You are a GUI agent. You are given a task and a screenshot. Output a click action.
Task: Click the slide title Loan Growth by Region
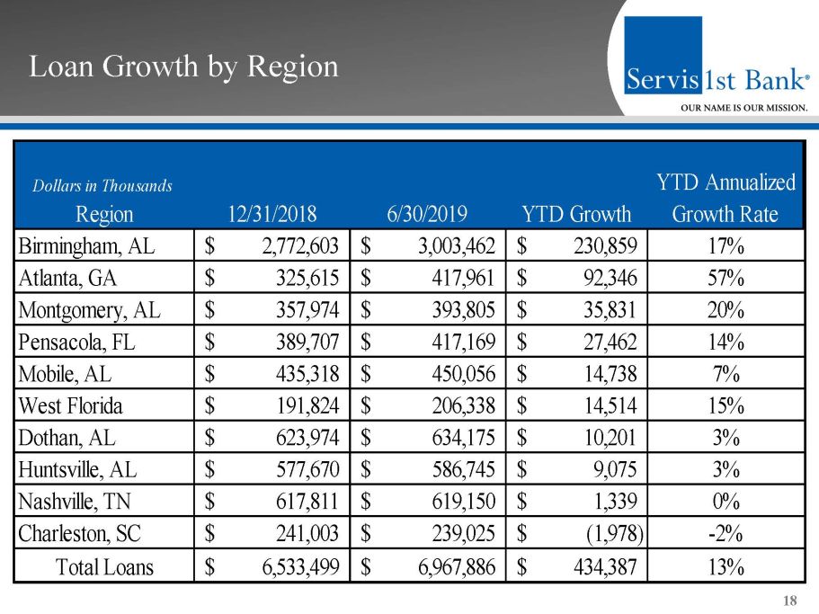[183, 67]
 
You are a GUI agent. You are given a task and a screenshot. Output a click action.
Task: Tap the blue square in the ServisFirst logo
[663, 54]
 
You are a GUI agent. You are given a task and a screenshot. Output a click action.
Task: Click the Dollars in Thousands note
[102, 186]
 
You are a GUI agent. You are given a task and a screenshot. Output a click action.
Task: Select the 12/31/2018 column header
[272, 215]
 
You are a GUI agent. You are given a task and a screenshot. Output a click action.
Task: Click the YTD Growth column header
[576, 215]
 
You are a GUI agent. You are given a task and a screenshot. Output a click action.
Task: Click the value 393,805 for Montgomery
[453, 310]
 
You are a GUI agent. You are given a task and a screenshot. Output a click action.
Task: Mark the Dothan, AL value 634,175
[453, 438]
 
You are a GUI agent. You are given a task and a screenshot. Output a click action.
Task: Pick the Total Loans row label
[104, 567]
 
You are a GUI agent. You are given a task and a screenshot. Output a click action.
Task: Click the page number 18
[791, 601]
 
